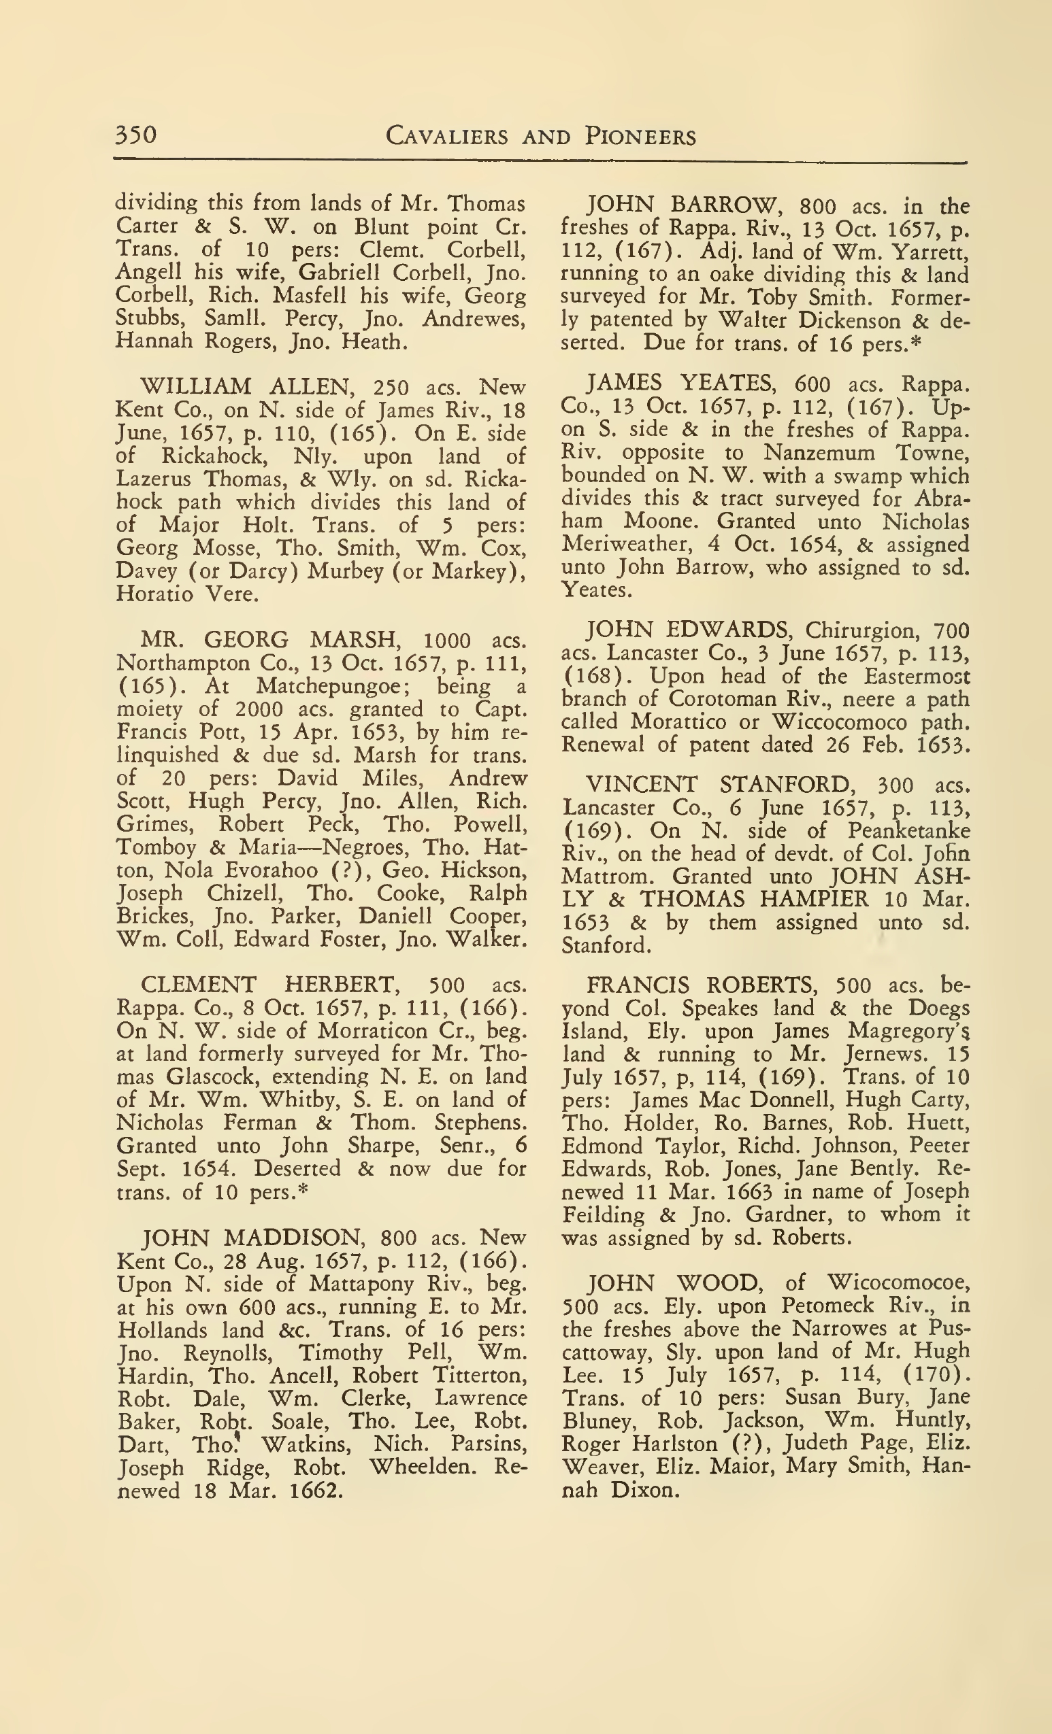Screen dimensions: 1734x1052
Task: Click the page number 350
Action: click(x=136, y=134)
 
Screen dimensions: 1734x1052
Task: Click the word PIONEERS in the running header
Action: click(x=640, y=136)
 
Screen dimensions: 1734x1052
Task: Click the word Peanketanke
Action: click(x=908, y=831)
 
